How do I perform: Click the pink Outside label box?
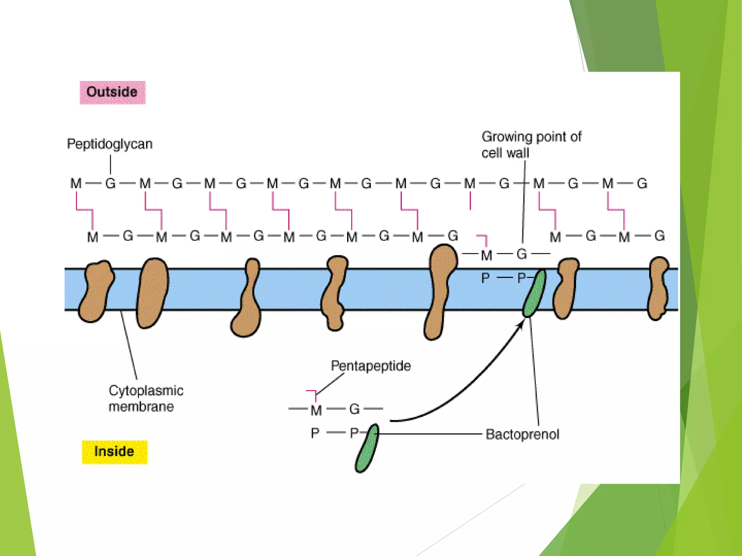tap(113, 93)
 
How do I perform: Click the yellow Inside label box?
tap(114, 452)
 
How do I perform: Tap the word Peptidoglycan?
tap(110, 144)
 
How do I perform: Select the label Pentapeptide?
tap(371, 366)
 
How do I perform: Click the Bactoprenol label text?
tap(522, 434)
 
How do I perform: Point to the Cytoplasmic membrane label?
tap(146, 399)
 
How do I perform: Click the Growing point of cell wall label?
tap(531, 145)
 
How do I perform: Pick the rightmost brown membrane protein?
tap(658, 288)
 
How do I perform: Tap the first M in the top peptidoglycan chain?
tap(76, 184)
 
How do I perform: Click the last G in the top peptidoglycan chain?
tap(642, 184)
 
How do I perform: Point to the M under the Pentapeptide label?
tap(316, 410)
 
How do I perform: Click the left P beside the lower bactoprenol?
tap(315, 433)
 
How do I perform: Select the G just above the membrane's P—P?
tap(522, 254)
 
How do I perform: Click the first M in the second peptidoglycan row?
tap(93, 237)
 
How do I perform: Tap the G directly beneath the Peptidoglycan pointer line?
tap(110, 184)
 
